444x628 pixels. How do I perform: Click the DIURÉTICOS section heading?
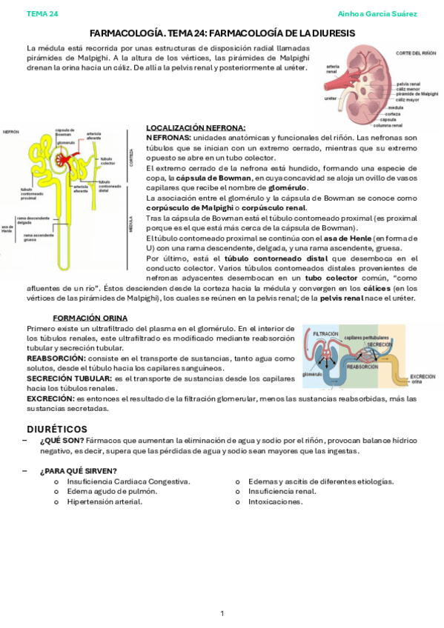(57, 430)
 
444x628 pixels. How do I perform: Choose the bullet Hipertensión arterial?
(105, 501)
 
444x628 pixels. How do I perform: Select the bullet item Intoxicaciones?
(275, 501)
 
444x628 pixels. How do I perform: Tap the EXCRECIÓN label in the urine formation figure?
(422, 377)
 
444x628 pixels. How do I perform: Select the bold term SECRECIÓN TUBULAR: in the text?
(69, 378)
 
